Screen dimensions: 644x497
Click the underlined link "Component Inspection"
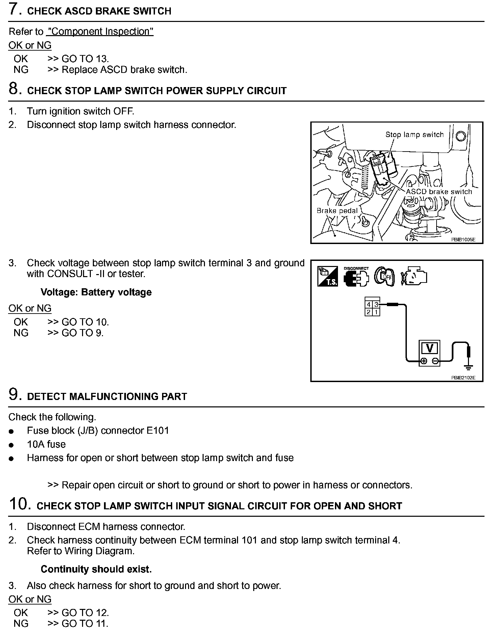100,31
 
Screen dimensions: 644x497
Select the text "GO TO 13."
85,59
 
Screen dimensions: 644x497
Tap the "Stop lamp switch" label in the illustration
414,135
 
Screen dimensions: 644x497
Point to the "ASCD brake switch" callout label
439,192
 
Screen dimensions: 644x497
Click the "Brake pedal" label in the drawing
337,211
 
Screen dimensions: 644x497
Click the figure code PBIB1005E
463,240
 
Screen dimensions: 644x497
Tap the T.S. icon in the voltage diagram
327,276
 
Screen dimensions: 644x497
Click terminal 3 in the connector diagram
376,305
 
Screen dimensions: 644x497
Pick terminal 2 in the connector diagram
369,312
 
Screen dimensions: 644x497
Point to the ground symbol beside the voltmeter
468,367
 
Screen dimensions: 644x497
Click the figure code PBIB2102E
463,378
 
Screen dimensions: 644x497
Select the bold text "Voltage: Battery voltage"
96,292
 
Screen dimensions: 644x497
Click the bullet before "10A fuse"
12,445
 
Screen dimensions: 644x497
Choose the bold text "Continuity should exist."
96,569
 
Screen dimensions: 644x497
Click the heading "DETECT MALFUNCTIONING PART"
107,397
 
